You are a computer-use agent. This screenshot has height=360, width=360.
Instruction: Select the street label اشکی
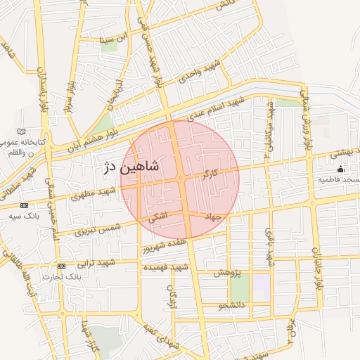point(157,219)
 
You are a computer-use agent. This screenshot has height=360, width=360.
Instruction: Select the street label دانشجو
point(233,306)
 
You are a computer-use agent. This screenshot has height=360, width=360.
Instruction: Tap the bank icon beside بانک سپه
point(25,205)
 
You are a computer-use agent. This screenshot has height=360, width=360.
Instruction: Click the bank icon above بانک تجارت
point(62,266)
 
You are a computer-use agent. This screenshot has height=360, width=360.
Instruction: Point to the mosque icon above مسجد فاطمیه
point(341,169)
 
